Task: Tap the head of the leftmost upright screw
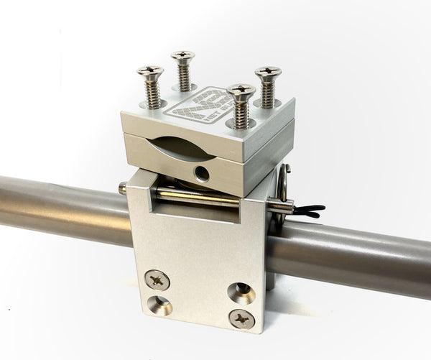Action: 150,70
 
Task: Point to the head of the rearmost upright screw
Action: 183,55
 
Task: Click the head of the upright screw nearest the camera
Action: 241,91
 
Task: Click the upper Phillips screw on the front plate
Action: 157,279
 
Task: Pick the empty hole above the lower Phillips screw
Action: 242,290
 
